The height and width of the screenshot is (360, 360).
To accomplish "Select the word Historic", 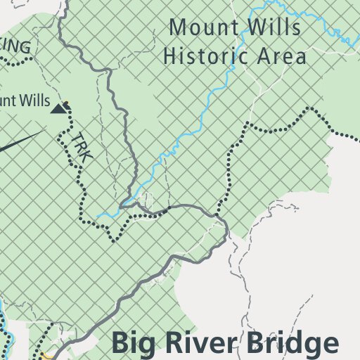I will point(205,56).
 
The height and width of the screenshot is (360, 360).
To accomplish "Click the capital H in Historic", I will point(171,56).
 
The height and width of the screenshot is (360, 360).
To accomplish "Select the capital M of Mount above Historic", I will point(179,29).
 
